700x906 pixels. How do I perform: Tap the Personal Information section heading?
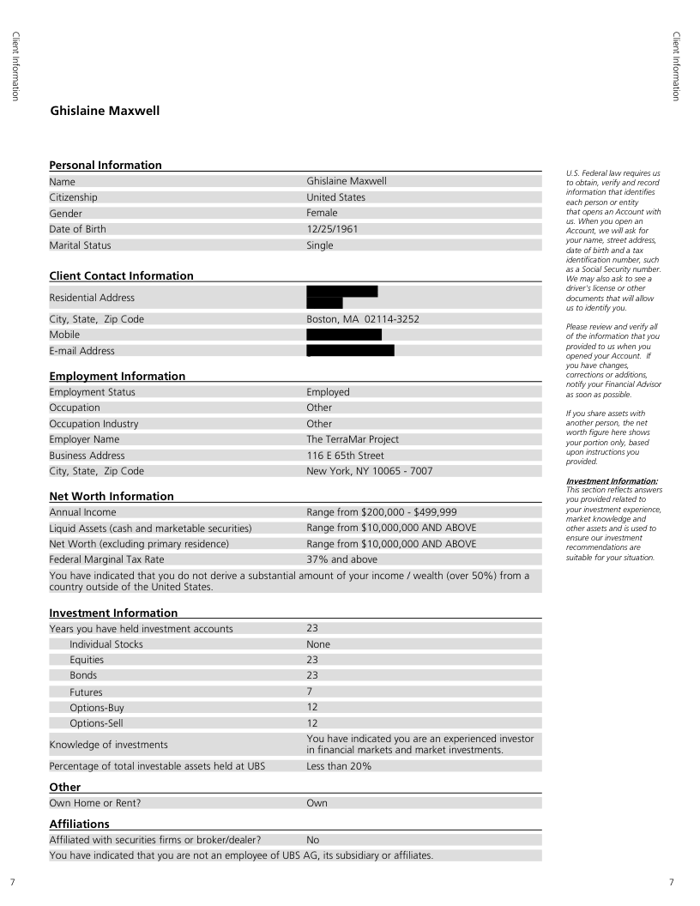coord(106,165)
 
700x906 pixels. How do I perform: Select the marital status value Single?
coord(320,245)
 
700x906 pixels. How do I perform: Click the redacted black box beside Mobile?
coord(343,335)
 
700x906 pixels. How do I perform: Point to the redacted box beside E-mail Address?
coord(350,350)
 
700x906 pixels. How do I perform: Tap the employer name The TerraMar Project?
coord(353,439)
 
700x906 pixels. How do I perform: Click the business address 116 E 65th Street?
coord(345,456)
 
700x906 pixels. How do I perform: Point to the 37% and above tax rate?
coord(341,559)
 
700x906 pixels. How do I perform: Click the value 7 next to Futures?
coord(310,692)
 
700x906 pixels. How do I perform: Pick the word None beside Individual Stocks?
coord(318,644)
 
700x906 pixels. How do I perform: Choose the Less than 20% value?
coord(339,766)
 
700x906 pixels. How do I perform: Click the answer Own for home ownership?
coord(317,803)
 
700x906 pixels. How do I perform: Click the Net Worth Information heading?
coord(112,496)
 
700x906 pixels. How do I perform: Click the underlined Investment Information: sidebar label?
coord(612,481)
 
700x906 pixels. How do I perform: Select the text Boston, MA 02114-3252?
coord(363,319)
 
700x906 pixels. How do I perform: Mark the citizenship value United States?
coord(335,197)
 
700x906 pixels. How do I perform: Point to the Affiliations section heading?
coord(80,824)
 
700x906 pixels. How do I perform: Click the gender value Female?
coord(322,213)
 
